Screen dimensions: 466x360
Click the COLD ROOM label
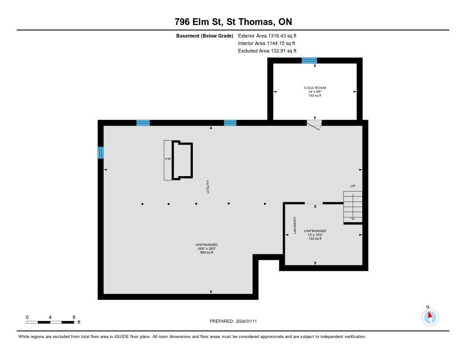[315, 88]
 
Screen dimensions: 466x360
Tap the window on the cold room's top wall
[309, 61]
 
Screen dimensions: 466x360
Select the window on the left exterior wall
[101, 152]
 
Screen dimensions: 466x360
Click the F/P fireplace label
[168, 159]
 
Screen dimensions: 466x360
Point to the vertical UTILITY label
[208, 187]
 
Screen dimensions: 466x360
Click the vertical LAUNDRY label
[295, 225]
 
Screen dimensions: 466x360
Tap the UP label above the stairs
[353, 186]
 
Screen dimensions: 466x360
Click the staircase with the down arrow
[353, 207]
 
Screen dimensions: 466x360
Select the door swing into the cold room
[314, 125]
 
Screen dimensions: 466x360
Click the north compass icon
[430, 317]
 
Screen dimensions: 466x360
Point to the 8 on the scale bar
[74, 317]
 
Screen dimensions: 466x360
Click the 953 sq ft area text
[207, 253]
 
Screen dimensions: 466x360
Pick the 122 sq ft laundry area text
[315, 238]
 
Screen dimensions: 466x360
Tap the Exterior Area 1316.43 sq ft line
[267, 35]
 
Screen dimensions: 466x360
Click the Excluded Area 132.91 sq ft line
[267, 51]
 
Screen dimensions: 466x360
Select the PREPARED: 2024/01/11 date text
[233, 321]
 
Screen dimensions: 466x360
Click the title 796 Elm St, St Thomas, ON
[233, 22]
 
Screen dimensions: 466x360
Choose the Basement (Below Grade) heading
[205, 36]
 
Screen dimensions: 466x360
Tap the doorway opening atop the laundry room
[314, 203]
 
